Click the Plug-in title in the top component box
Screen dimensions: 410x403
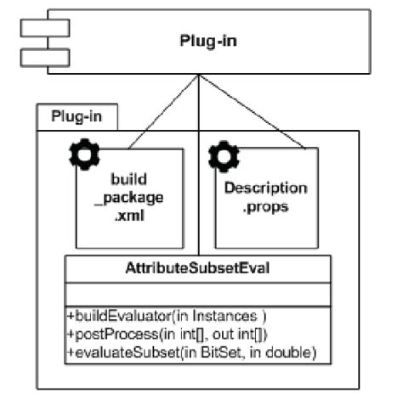point(209,41)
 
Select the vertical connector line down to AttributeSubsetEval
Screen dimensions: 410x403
point(199,170)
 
